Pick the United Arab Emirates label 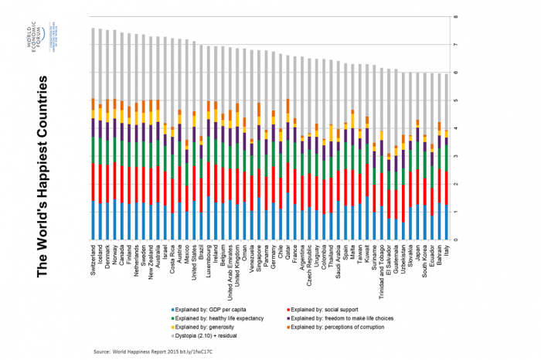[x=230, y=265]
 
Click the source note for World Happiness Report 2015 [x=151, y=352]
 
